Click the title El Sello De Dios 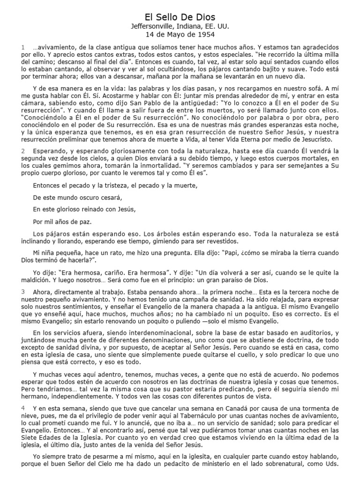point(180,17)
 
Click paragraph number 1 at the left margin point(22,48)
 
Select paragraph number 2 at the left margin point(22,151)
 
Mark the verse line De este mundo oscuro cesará point(77,197)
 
